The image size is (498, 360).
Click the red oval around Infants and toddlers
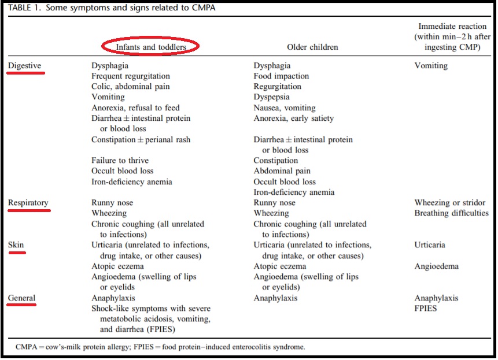coord(150,46)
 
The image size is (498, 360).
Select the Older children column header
coord(312,47)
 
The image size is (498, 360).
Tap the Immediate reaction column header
coord(453,37)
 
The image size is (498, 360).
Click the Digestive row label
coord(25,66)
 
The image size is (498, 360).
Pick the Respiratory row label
coord(28,203)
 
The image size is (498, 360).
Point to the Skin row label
coord(16,245)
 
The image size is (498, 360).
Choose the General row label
coord(22,298)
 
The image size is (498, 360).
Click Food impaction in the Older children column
coord(281,76)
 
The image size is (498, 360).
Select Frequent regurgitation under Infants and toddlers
coord(131,76)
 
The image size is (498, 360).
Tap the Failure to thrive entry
coord(120,161)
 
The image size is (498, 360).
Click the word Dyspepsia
coord(271,97)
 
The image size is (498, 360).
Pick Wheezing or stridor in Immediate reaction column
coord(450,203)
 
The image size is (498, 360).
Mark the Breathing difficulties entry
coord(451,213)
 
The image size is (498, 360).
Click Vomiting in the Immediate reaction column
coord(431,66)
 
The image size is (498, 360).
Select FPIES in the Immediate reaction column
coord(426,309)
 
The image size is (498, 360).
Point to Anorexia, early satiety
coord(293,118)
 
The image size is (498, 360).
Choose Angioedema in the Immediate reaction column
coord(436,266)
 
